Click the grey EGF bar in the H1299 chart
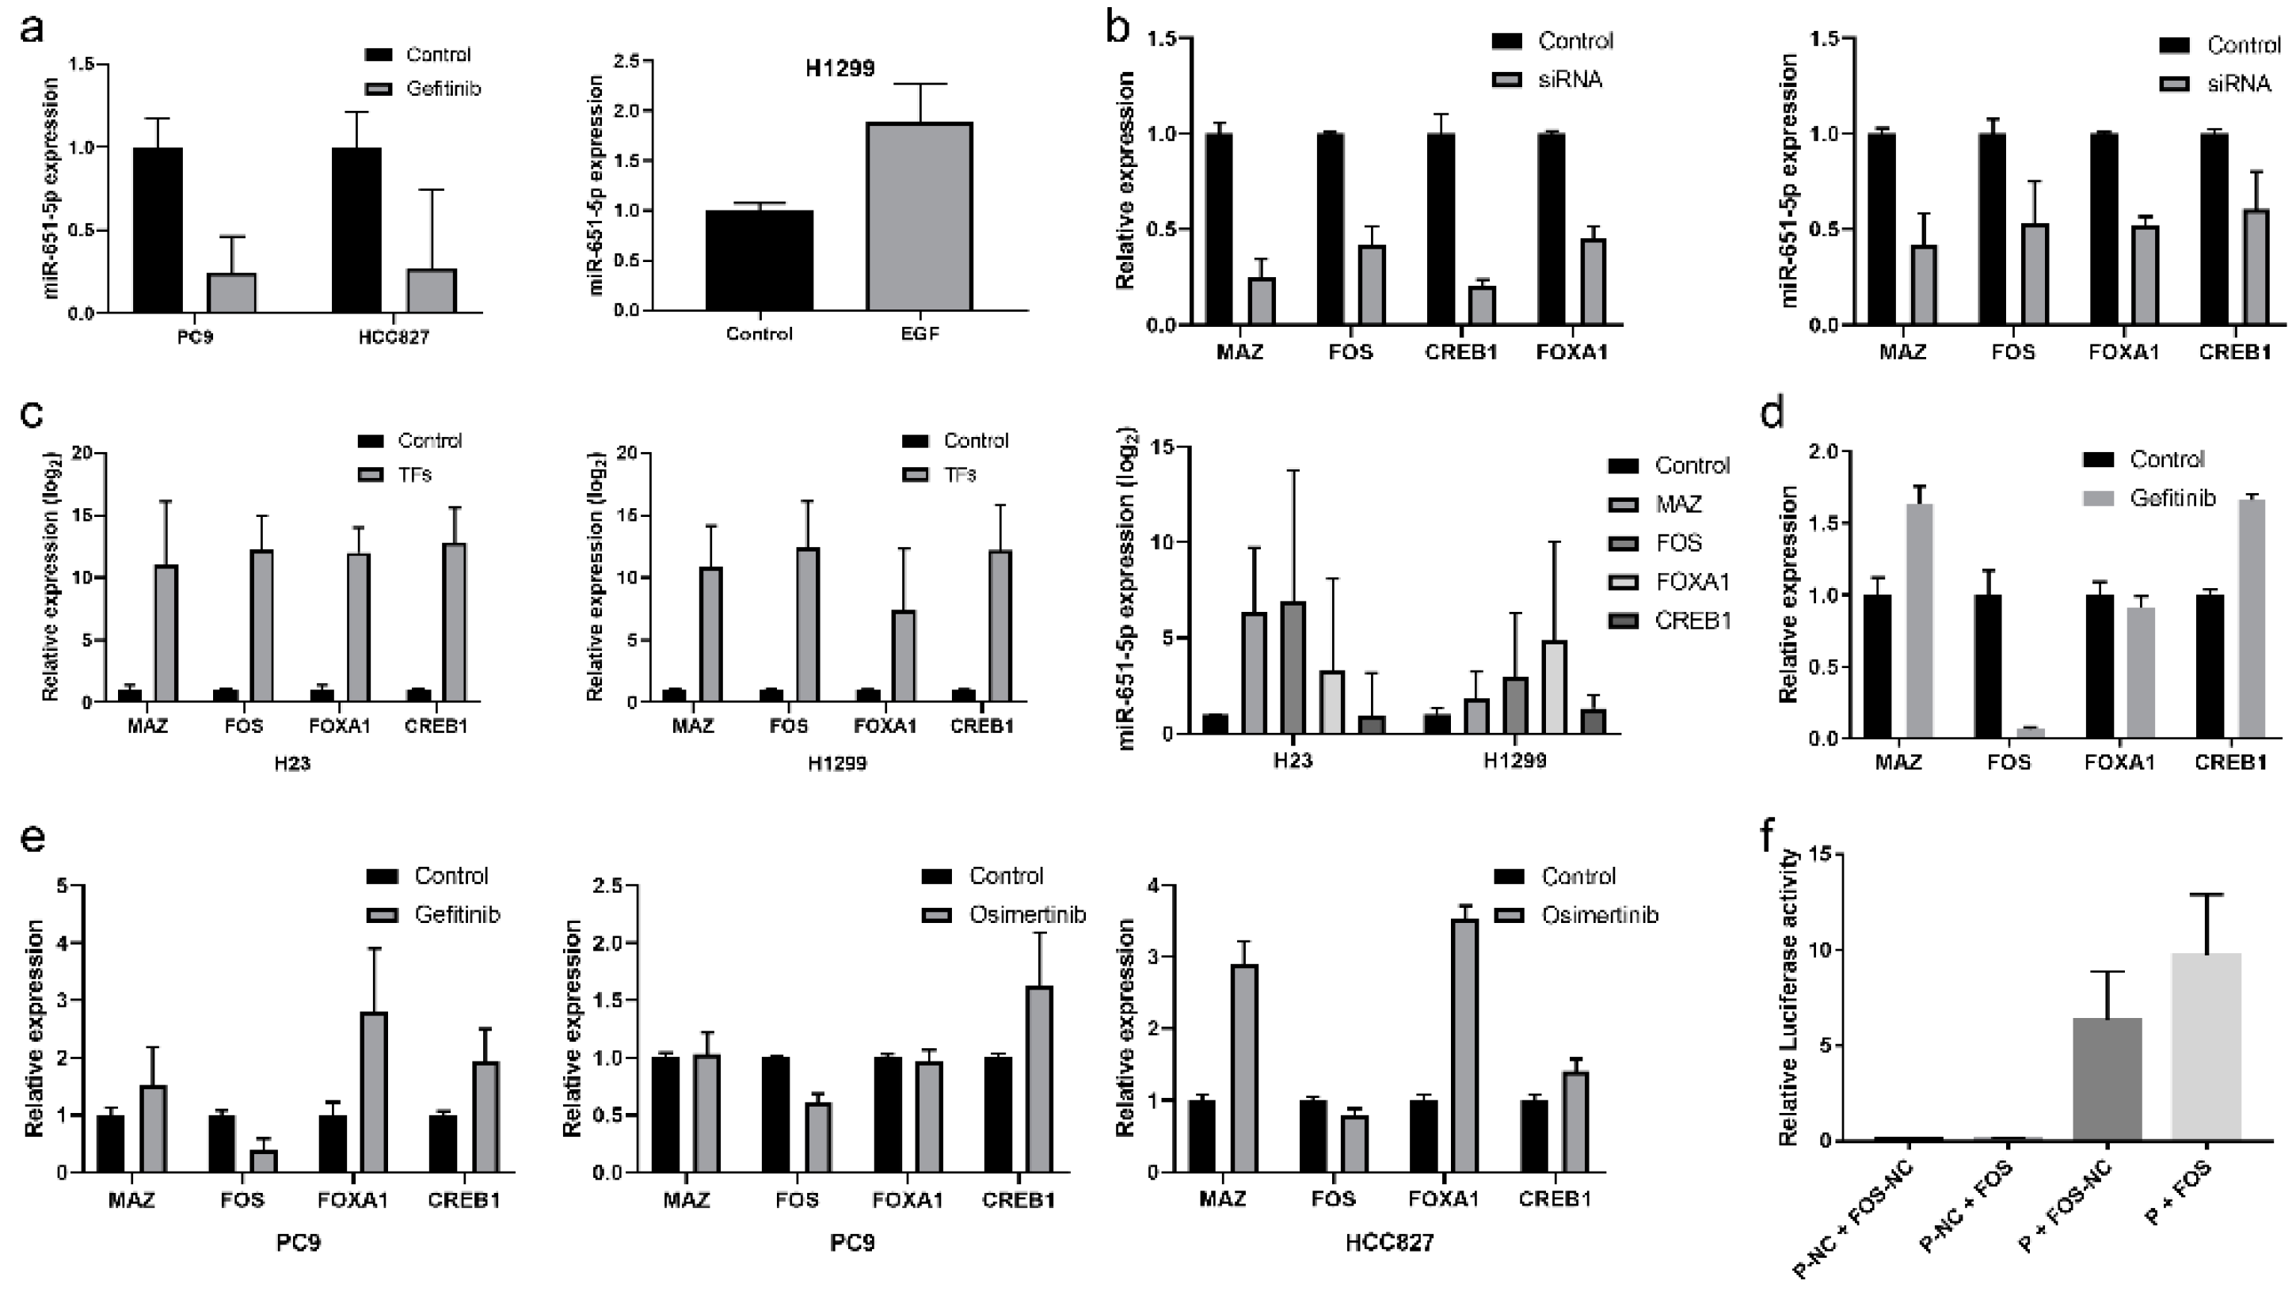[x=920, y=217]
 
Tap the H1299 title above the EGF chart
[x=840, y=69]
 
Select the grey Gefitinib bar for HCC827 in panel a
[x=432, y=291]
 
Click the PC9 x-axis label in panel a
[x=195, y=337]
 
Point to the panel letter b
[x=1118, y=28]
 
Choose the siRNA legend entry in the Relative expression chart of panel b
[x=1569, y=79]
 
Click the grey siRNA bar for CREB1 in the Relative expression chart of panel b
[x=1482, y=305]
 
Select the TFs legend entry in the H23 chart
[x=414, y=473]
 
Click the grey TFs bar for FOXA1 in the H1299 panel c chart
[x=904, y=655]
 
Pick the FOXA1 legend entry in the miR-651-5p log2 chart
[x=1692, y=582]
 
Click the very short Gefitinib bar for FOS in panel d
[x=2030, y=732]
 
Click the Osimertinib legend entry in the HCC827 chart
[x=1599, y=914]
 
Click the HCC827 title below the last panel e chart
[x=1388, y=1243]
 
